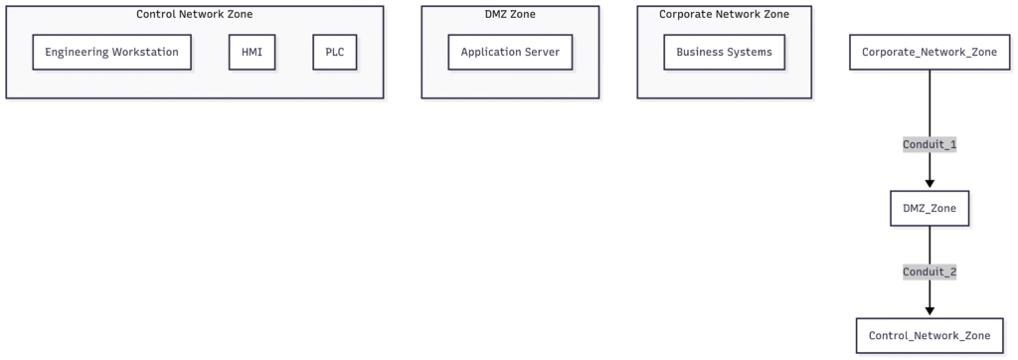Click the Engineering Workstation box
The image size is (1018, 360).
(x=110, y=53)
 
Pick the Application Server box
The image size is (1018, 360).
(x=510, y=53)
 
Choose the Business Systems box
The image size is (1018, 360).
(x=724, y=53)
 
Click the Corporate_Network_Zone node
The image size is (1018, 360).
(x=930, y=53)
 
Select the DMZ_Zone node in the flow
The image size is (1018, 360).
(x=930, y=208)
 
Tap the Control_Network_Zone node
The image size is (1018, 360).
(x=930, y=336)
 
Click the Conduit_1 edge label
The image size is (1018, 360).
(x=930, y=144)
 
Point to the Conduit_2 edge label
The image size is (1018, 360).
(x=930, y=271)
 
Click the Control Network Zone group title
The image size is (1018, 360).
(x=194, y=14)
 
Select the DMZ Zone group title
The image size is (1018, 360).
(x=510, y=14)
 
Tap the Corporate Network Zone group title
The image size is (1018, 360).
(x=724, y=14)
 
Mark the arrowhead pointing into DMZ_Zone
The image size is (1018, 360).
(x=930, y=183)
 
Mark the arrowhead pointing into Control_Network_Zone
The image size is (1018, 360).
(x=930, y=311)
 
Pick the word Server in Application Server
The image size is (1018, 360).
(x=541, y=53)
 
